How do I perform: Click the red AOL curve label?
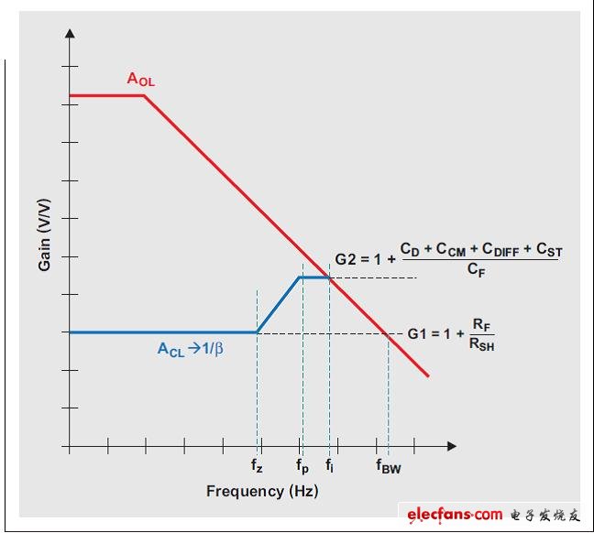point(140,80)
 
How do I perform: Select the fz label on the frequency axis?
point(257,467)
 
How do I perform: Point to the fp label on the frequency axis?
point(302,467)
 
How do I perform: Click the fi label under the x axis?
point(330,466)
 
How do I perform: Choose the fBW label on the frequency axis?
point(389,467)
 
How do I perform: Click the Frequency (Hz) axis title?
point(261,491)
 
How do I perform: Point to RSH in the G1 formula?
point(481,345)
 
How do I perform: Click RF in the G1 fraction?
point(480,323)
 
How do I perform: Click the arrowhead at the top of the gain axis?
point(69,34)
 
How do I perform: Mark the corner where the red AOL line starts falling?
point(144,95)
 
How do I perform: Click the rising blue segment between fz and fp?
point(279,304)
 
